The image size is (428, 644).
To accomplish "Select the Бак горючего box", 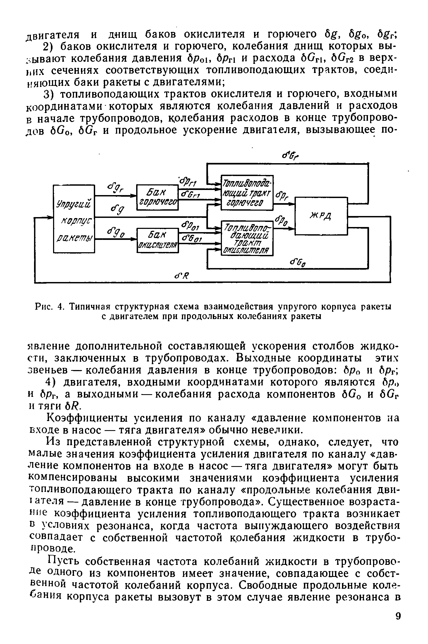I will coord(157,197).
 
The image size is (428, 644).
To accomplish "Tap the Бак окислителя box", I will coord(157,240).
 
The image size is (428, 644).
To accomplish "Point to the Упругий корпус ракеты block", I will coord(74,219).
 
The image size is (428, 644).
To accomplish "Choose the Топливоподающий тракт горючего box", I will coord(247,192).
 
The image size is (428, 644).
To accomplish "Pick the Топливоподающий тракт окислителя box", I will coord(247,238).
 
